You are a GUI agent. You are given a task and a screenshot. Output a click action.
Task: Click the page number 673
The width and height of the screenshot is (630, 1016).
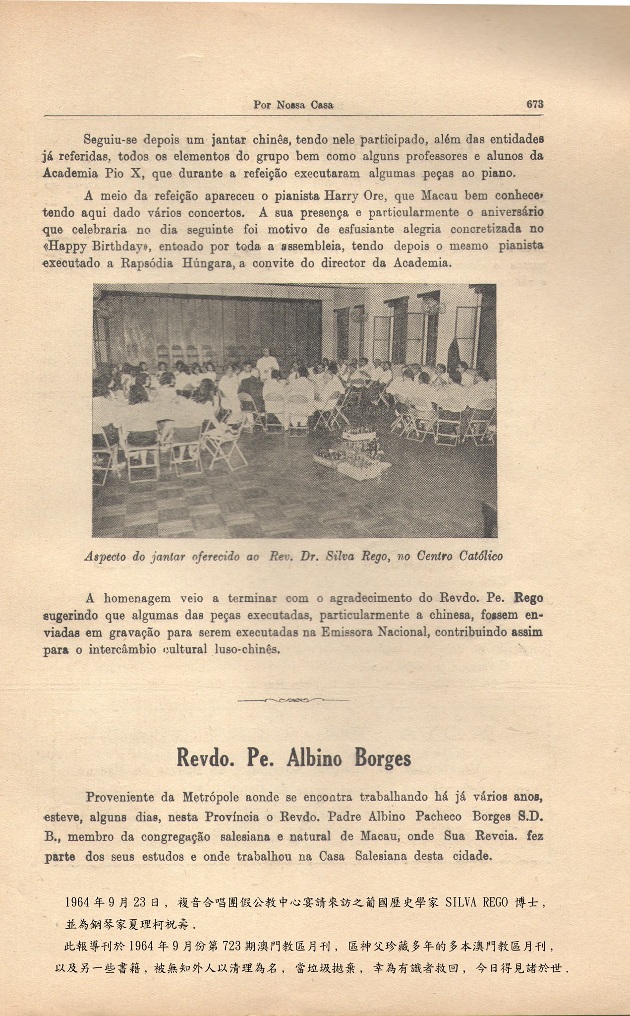click(x=535, y=104)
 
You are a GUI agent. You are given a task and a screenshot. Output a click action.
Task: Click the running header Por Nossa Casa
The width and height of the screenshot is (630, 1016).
click(x=293, y=105)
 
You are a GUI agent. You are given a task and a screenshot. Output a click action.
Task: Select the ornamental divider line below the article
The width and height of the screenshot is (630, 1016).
click(x=293, y=700)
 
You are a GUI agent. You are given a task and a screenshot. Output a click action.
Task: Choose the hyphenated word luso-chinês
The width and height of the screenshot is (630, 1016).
click(x=247, y=649)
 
